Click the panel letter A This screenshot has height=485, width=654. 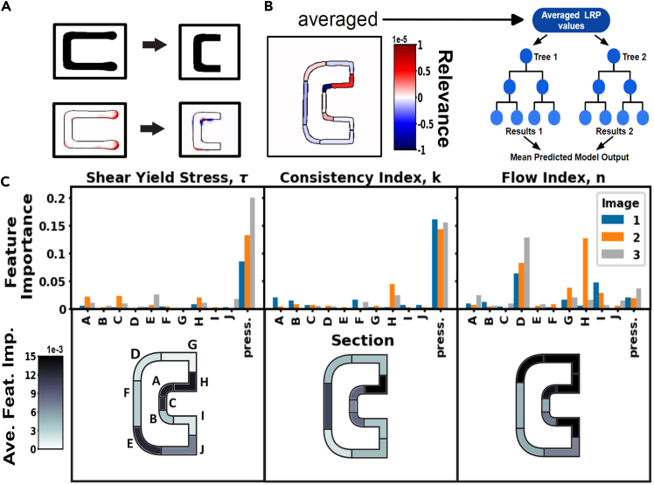[x=8, y=7]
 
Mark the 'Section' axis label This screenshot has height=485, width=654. [x=358, y=340]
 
